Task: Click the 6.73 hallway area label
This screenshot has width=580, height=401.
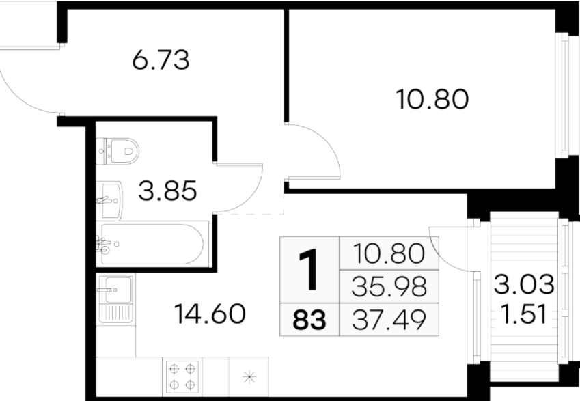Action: pyautogui.click(x=161, y=59)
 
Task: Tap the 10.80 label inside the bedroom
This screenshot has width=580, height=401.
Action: pyautogui.click(x=432, y=99)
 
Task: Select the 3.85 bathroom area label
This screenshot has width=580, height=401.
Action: pyautogui.click(x=167, y=191)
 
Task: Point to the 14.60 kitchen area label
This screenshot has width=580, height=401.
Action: pyautogui.click(x=209, y=314)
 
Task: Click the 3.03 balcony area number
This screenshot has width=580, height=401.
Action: pyautogui.click(x=524, y=284)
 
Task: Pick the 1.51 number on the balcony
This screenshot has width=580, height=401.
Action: pyautogui.click(x=523, y=314)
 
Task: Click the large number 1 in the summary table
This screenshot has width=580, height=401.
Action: pyautogui.click(x=309, y=270)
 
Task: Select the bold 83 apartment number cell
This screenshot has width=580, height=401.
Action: pyautogui.click(x=309, y=320)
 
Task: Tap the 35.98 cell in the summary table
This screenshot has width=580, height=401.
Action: pyautogui.click(x=389, y=287)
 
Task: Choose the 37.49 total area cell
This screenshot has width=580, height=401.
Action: pyautogui.click(x=389, y=320)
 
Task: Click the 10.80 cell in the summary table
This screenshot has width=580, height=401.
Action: pyautogui.click(x=389, y=253)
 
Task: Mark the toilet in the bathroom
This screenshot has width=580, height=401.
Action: pyautogui.click(x=118, y=151)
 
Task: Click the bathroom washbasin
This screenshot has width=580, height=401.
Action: pyautogui.click(x=109, y=201)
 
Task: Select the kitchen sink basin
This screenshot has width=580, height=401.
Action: pyautogui.click(x=118, y=290)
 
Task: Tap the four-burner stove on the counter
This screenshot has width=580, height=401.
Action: pyautogui.click(x=182, y=377)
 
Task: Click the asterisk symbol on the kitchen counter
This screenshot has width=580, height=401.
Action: pyautogui.click(x=249, y=377)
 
